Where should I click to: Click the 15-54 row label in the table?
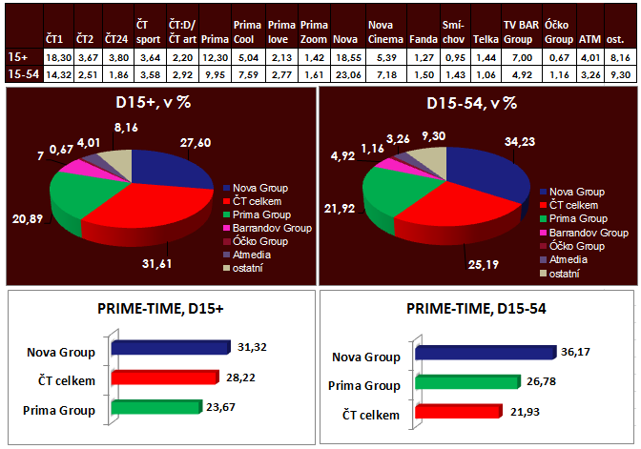click(18, 73)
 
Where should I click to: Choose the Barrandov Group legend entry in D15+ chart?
click(268, 229)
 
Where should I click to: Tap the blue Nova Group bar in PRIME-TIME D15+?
click(170, 352)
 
